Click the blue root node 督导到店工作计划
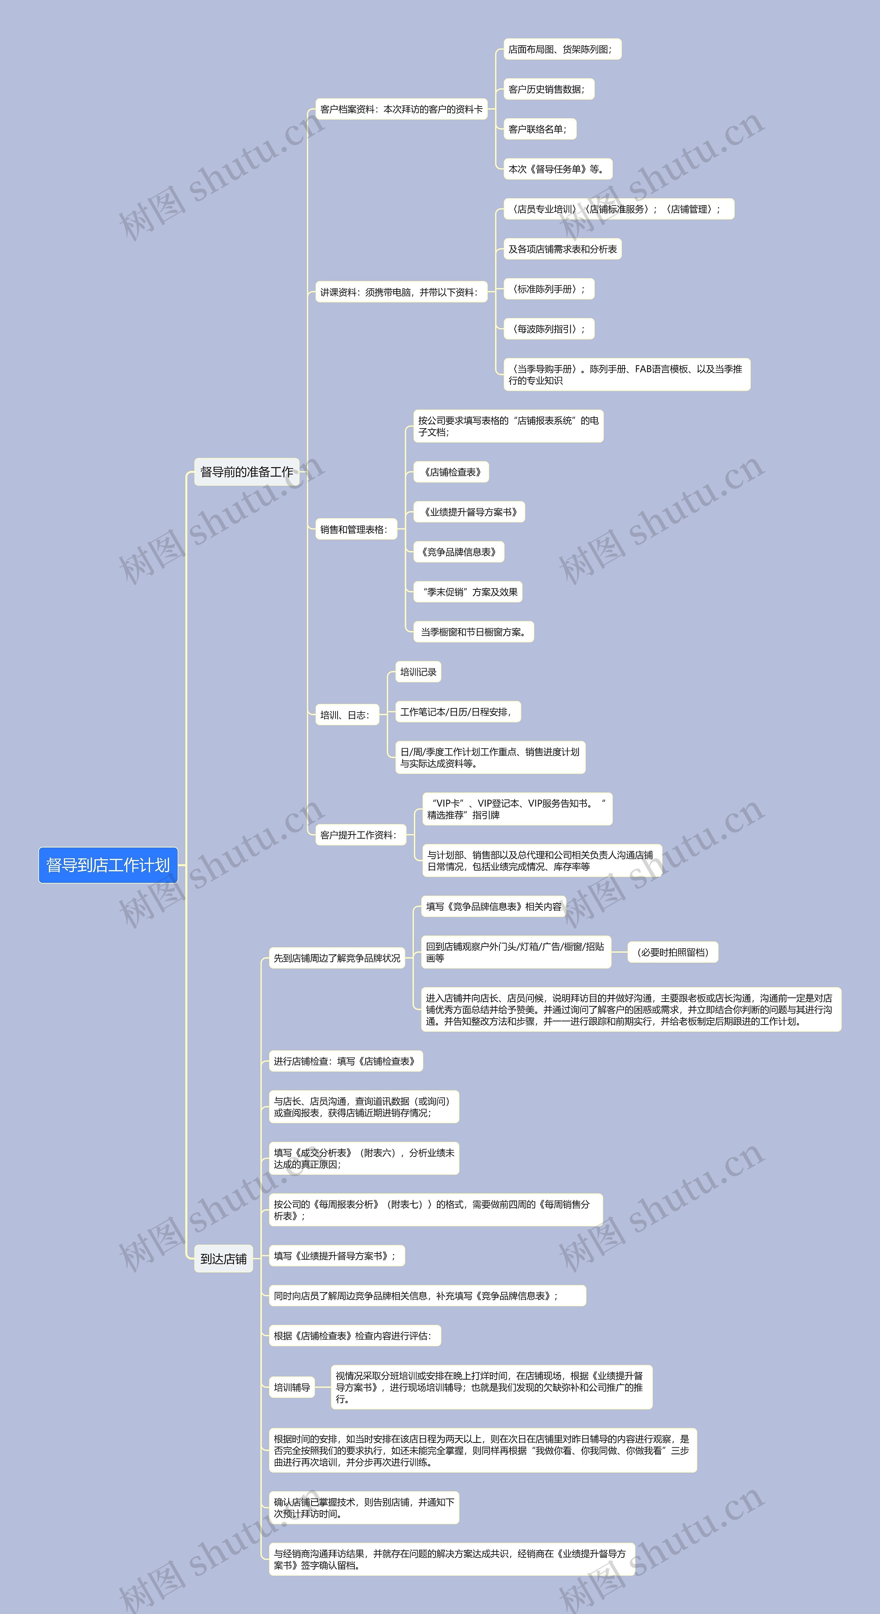tap(108, 865)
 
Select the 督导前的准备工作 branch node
tap(246, 472)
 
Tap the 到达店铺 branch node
tap(223, 1259)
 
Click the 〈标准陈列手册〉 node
tap(548, 289)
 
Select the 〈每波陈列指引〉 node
tap(548, 329)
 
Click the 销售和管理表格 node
tap(355, 529)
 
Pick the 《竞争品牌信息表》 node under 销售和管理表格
tap(459, 552)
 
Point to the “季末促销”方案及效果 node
tap(467, 592)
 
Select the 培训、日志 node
tap(346, 715)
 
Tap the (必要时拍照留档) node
tap(672, 952)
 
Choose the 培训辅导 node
tap(292, 1387)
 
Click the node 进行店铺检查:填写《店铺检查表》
tap(345, 1061)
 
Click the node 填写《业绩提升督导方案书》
tap(336, 1256)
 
